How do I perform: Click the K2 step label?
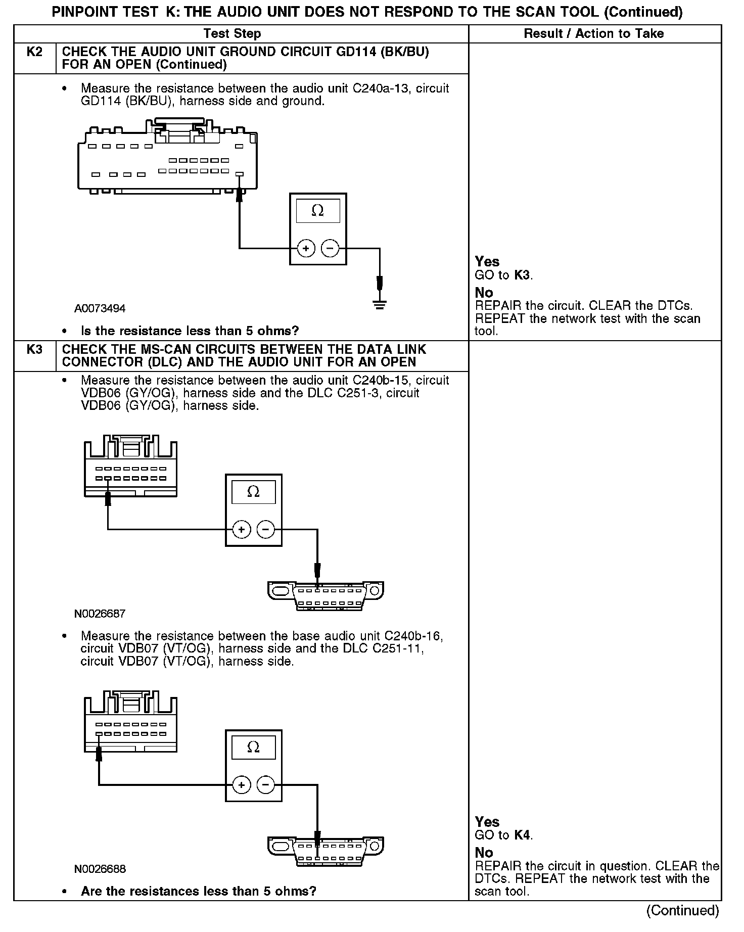coord(34,52)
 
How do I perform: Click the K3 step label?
coord(34,350)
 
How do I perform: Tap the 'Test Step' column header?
coord(232,34)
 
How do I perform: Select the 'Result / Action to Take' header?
coord(593,34)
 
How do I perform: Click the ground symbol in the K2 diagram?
coord(380,304)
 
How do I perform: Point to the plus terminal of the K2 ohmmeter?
coord(306,248)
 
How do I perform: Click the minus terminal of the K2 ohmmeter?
coord(330,248)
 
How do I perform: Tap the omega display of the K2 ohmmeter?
coord(317,211)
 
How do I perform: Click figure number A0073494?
coord(100,308)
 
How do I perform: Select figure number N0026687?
coord(100,614)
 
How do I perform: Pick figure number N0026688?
coord(100,869)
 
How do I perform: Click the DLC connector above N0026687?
coord(325,596)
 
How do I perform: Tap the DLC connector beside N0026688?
coord(325,852)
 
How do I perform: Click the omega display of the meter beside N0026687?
coord(253,492)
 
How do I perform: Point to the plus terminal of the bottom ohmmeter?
coord(242,785)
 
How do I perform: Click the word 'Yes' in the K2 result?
coord(487,262)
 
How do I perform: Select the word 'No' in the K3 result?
coord(484,853)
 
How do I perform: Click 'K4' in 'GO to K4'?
coord(522,835)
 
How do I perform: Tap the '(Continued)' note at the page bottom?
coord(682,910)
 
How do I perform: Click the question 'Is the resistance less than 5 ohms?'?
coord(190,331)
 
